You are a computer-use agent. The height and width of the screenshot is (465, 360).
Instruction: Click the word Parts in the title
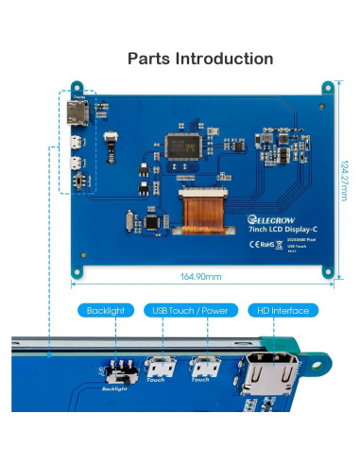click(x=149, y=59)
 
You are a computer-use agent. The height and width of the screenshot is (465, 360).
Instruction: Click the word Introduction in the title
click(x=224, y=59)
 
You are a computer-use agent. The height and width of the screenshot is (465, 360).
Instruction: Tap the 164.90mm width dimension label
click(x=200, y=277)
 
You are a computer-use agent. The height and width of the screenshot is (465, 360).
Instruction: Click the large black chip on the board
click(x=183, y=146)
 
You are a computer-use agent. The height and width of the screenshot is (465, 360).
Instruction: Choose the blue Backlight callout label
click(x=105, y=310)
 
